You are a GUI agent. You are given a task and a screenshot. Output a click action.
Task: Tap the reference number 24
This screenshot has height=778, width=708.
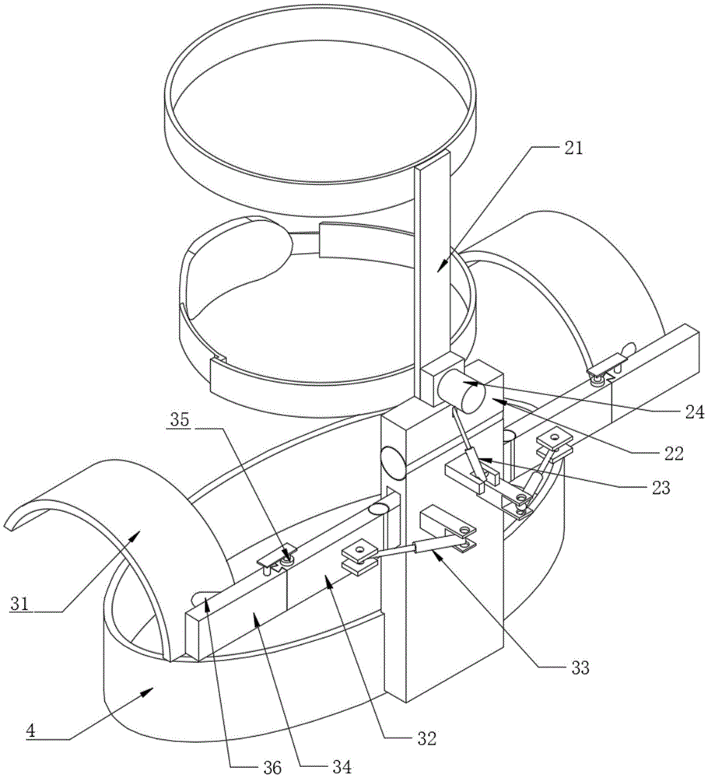[694, 412]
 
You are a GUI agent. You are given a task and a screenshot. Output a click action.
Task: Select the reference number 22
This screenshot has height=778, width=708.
[673, 453]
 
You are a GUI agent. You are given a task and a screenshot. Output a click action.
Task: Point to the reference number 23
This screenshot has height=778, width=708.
[661, 488]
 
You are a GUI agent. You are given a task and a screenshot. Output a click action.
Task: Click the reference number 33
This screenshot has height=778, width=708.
[579, 668]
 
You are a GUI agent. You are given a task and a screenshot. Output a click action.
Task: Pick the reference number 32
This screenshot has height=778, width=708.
[426, 738]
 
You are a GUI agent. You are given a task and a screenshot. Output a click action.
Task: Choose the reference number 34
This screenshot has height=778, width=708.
[342, 767]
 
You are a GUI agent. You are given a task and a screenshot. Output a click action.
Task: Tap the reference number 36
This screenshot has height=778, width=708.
[272, 767]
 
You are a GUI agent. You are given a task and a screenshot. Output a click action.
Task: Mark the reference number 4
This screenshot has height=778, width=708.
[31, 730]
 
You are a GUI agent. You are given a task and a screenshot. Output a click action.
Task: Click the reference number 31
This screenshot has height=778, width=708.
[20, 604]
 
